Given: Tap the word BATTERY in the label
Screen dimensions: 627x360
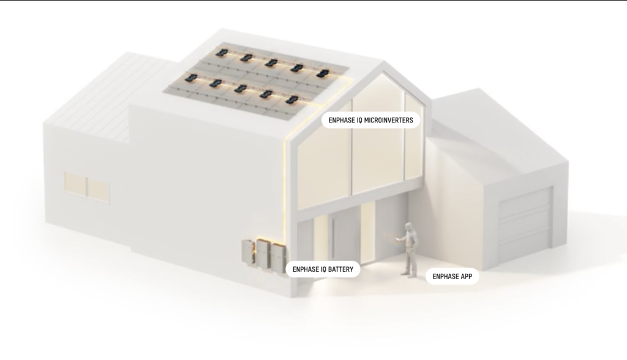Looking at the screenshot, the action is pyautogui.click(x=340, y=269).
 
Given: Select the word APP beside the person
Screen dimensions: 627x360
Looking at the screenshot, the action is pyautogui.click(x=465, y=276).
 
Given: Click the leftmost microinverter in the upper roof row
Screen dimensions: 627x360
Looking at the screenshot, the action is pyautogui.click(x=221, y=52).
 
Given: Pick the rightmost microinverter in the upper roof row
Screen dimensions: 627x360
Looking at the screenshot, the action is pyautogui.click(x=322, y=73).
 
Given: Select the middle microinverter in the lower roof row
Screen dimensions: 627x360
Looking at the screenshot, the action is pyautogui.click(x=240, y=88).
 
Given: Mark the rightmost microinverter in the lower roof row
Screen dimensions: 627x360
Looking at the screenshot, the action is pyautogui.click(x=291, y=99).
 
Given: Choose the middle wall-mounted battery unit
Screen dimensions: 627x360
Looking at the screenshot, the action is pyautogui.click(x=264, y=253).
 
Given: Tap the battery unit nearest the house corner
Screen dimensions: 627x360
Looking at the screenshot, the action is pyautogui.click(x=279, y=257).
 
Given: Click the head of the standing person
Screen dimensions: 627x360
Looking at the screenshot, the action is pyautogui.click(x=408, y=227).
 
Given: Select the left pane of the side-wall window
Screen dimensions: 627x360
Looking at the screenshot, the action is pyautogui.click(x=75, y=184).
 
